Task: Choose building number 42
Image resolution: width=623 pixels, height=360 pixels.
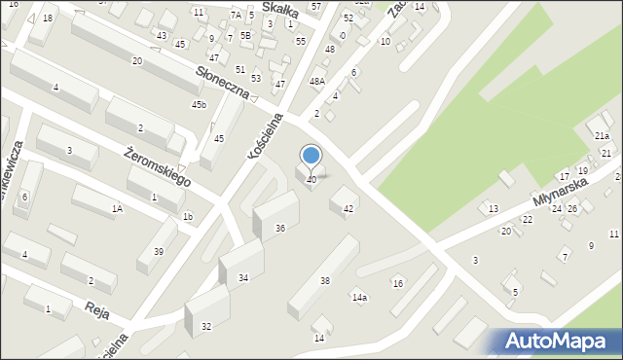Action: point(348,209)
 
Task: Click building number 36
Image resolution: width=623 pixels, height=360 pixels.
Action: point(280,228)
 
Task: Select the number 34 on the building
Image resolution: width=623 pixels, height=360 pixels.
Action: point(243,278)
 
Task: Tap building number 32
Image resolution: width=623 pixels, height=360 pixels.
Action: point(206,326)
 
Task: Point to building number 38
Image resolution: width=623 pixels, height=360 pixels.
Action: point(325,281)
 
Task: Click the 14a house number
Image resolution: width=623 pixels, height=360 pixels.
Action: point(359,297)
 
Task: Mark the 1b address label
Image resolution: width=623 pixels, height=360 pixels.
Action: point(188,216)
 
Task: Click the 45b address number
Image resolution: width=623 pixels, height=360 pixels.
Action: point(199,104)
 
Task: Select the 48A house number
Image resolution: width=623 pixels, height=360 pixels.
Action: point(316,82)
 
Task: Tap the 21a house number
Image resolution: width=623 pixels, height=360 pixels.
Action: point(603,135)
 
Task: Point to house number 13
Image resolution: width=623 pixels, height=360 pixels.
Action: point(494,209)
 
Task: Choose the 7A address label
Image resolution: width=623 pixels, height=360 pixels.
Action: point(236,16)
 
